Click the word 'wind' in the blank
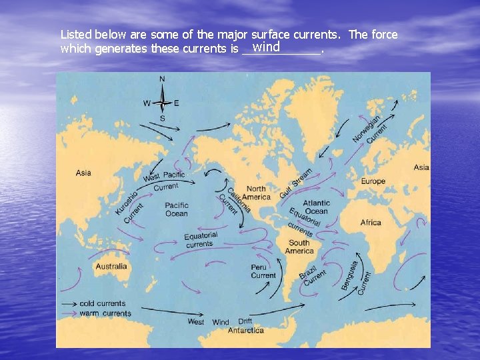pyautogui.click(x=266, y=47)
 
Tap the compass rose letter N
pyautogui.click(x=162, y=79)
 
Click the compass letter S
pyautogui.click(x=162, y=119)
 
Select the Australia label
pyautogui.click(x=111, y=267)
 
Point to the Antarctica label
pyautogui.click(x=245, y=330)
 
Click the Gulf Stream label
pyautogui.click(x=295, y=182)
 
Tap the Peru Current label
pyautogui.click(x=263, y=271)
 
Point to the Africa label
pyautogui.click(x=371, y=222)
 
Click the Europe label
pyautogui.click(x=373, y=181)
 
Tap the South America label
pyautogui.click(x=299, y=247)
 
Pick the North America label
pyautogui.click(x=256, y=193)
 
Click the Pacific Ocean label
pyautogui.click(x=177, y=209)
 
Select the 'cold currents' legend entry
pyautogui.click(x=102, y=303)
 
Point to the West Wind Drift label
pyautogui.click(x=219, y=322)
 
